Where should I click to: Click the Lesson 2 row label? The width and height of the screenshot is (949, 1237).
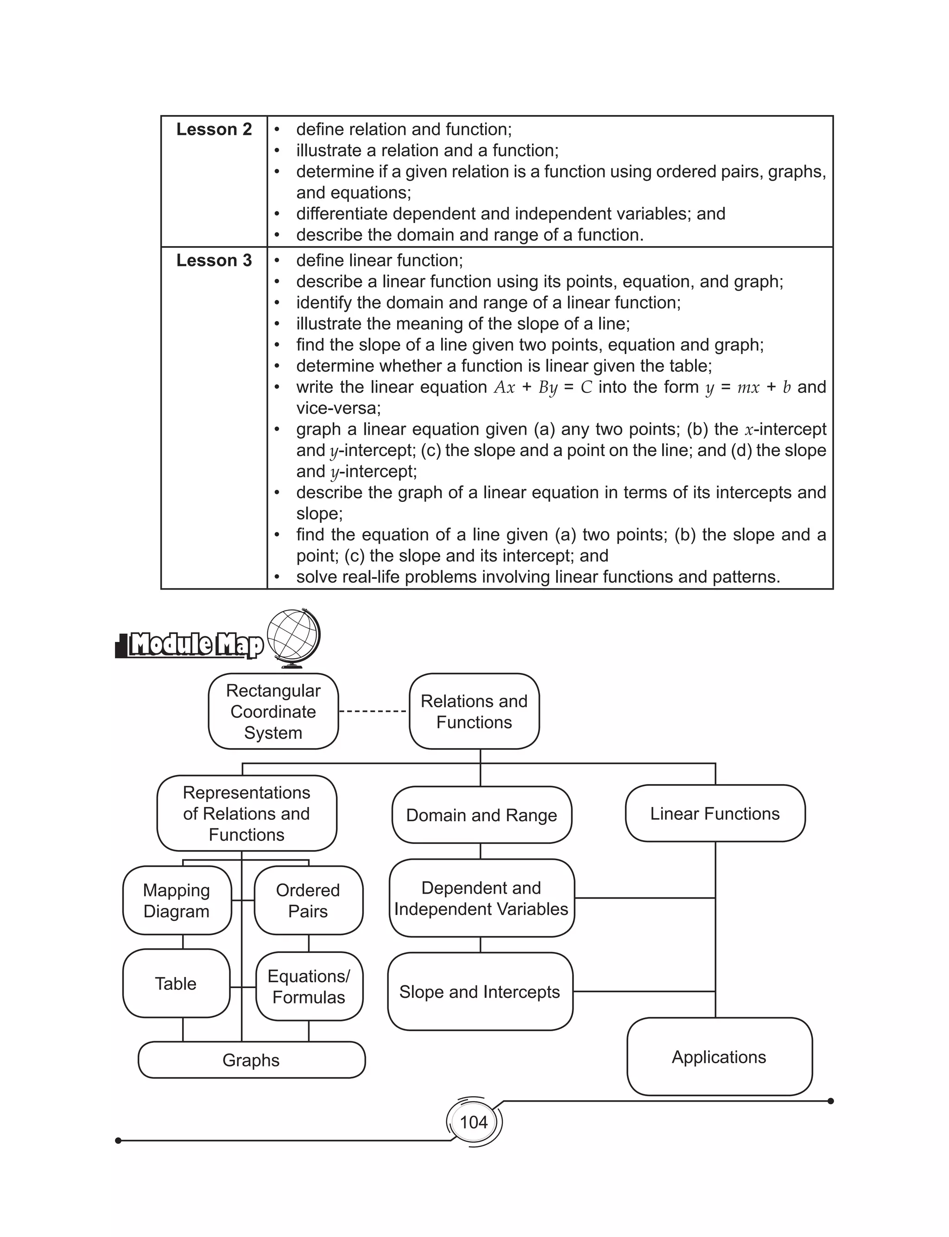pos(214,129)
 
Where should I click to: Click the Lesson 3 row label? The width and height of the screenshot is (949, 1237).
pos(214,260)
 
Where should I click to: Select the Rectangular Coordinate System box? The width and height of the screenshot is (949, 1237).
pos(273,711)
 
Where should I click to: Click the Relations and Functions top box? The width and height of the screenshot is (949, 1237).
pos(474,711)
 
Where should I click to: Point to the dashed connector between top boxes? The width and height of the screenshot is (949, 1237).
pos(373,711)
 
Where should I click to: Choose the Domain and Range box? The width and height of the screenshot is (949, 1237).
pos(481,815)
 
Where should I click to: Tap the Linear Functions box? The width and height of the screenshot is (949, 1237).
pos(715,813)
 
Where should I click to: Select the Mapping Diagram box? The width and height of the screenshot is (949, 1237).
pos(177,901)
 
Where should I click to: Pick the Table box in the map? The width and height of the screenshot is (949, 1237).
pos(176,983)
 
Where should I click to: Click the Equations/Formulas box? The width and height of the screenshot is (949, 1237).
pos(309,986)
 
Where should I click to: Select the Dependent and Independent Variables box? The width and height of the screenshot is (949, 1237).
pos(481,898)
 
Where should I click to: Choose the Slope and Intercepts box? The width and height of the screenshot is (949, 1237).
pos(480,992)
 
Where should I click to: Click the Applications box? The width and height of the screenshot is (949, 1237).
pos(719,1057)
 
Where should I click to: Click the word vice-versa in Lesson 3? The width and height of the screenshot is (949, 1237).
pos(338,408)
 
